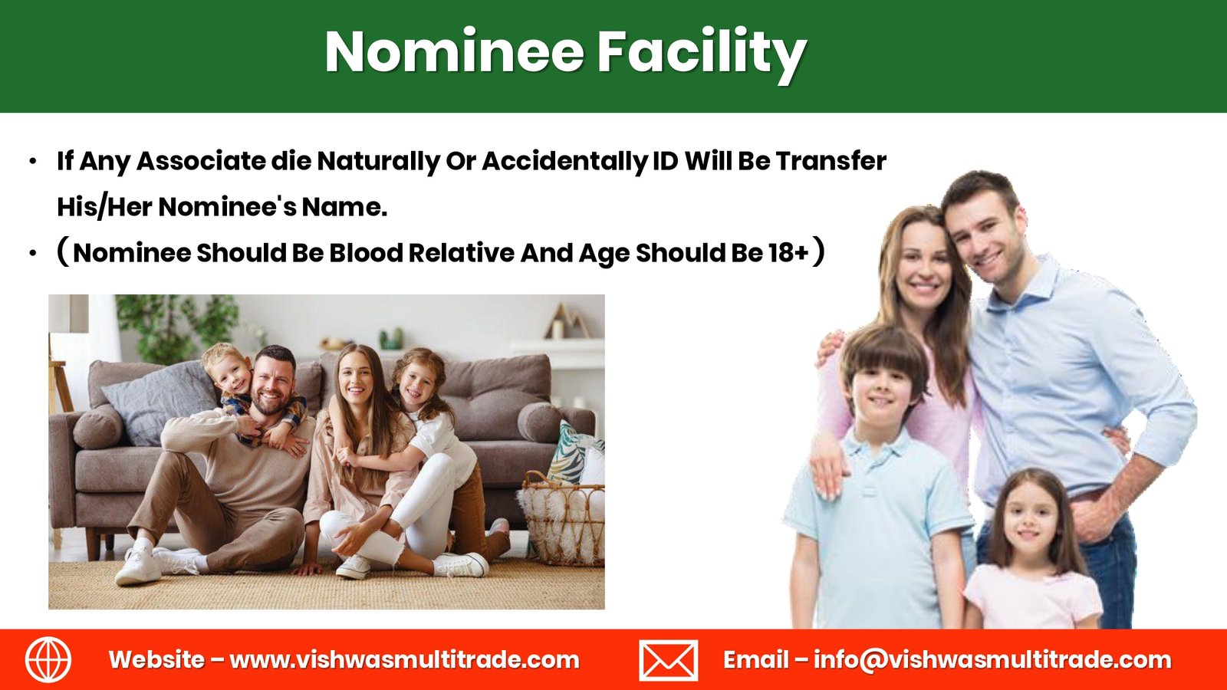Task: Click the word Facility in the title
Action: click(x=702, y=54)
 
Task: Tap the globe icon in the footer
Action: click(x=48, y=659)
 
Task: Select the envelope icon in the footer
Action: click(x=668, y=660)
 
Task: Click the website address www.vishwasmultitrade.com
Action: click(x=404, y=660)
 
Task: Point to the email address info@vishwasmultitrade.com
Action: click(x=992, y=660)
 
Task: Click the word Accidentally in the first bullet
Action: click(x=564, y=162)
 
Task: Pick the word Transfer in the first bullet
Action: click(x=831, y=161)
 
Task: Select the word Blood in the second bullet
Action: click(x=366, y=253)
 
